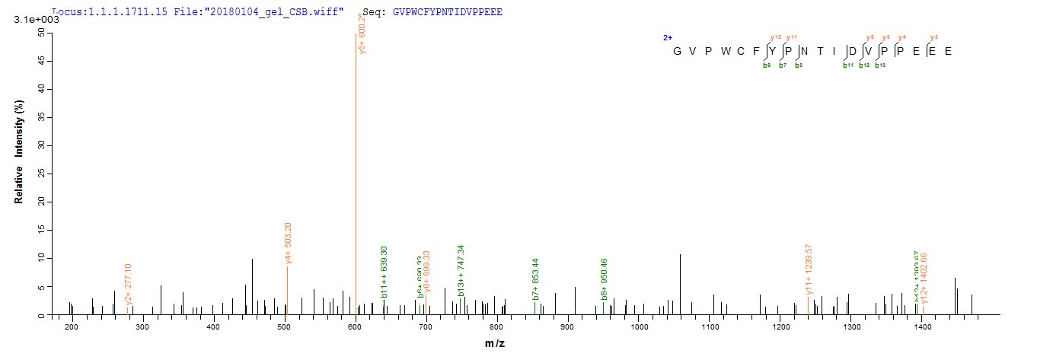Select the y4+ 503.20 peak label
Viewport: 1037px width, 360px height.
(287, 242)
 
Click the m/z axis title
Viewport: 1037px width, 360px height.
(494, 343)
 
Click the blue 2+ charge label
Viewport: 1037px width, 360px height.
(667, 37)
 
